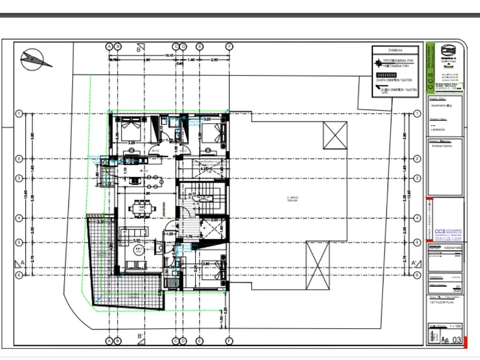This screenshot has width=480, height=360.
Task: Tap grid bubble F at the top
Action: [229, 46]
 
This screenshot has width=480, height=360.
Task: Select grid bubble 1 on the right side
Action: [417, 113]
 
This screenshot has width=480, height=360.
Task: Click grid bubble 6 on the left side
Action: [19, 275]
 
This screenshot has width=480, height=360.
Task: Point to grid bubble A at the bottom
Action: [109, 341]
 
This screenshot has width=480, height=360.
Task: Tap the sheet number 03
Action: [456, 339]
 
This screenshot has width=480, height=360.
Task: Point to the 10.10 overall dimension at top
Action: [169, 55]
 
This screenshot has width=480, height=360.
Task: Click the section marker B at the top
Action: [140, 48]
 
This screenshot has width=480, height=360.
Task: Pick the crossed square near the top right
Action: [335, 135]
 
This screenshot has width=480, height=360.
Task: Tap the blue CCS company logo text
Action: [441, 231]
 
